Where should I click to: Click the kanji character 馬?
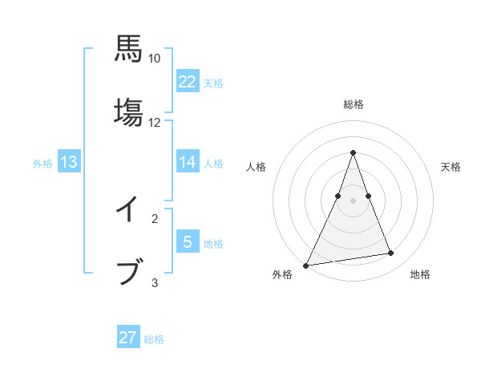[x=128, y=49]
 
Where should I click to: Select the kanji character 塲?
[x=128, y=112]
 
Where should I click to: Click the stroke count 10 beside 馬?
[x=155, y=59]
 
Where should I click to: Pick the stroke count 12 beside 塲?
[x=155, y=123]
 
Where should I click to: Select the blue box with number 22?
[x=188, y=81]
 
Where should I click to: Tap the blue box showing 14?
[x=188, y=162]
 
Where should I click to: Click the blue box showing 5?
[x=188, y=242]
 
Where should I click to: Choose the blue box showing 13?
[x=69, y=162]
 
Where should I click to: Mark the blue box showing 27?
[x=128, y=338]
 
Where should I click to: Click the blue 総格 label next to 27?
[x=154, y=339]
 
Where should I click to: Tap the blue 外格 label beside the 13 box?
[x=42, y=164]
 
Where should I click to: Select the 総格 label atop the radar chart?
[x=354, y=104]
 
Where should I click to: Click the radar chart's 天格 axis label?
[x=451, y=167]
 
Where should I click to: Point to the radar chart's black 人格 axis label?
[x=257, y=167]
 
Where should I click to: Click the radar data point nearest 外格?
[x=305, y=266]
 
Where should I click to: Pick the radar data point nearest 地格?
[x=391, y=253]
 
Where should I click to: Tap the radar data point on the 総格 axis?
[x=353, y=152]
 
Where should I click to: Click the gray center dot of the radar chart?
[x=353, y=201]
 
